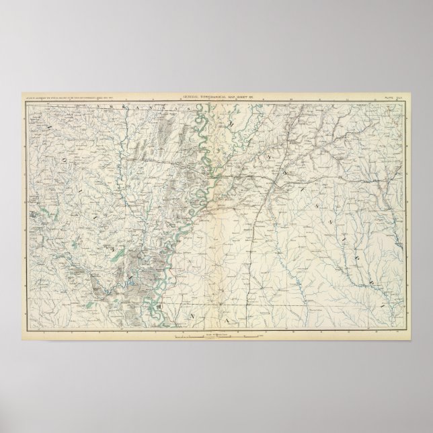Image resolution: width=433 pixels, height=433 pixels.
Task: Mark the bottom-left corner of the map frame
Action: click(x=29, y=329)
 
